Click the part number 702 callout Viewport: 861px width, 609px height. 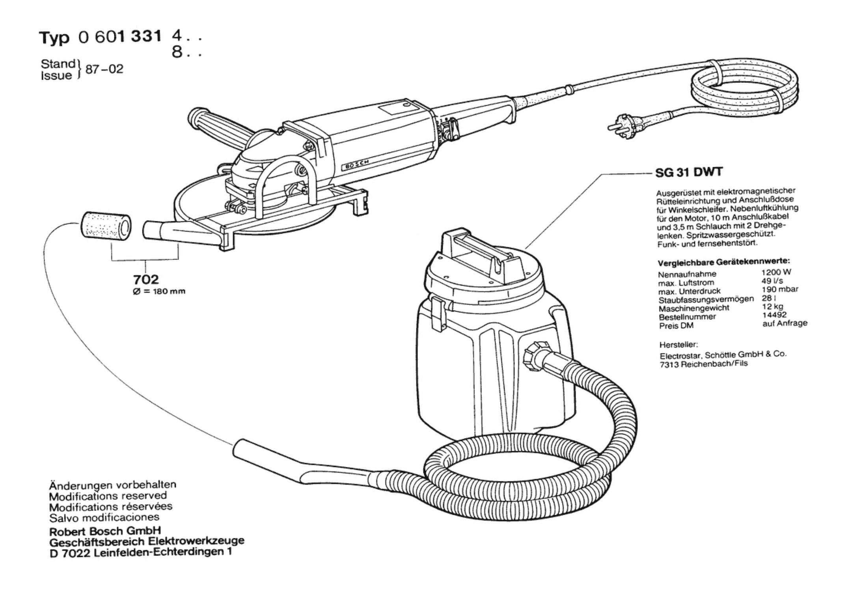[145, 279]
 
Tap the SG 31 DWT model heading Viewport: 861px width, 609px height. [689, 172]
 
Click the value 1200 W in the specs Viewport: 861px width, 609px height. [776, 272]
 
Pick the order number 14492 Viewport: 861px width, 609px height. [774, 315]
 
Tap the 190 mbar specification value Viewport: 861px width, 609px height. [780, 289]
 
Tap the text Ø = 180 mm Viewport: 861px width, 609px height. [159, 291]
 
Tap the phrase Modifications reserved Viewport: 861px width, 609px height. [108, 496]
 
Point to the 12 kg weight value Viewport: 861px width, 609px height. [773, 306]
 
